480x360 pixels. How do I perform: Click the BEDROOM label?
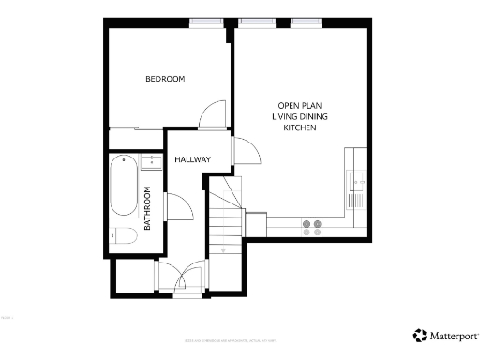(164, 79)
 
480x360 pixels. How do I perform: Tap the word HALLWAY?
(192, 159)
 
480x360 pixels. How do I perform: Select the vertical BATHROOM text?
(147, 207)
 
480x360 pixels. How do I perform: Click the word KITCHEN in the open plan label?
(300, 127)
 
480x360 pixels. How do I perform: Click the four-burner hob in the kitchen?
(311, 225)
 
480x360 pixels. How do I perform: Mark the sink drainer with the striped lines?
(355, 199)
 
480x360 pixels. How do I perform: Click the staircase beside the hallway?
(225, 220)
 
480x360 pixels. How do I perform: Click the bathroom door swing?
(177, 206)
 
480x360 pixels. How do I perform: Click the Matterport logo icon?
(418, 335)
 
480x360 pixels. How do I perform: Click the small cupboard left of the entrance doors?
(132, 277)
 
